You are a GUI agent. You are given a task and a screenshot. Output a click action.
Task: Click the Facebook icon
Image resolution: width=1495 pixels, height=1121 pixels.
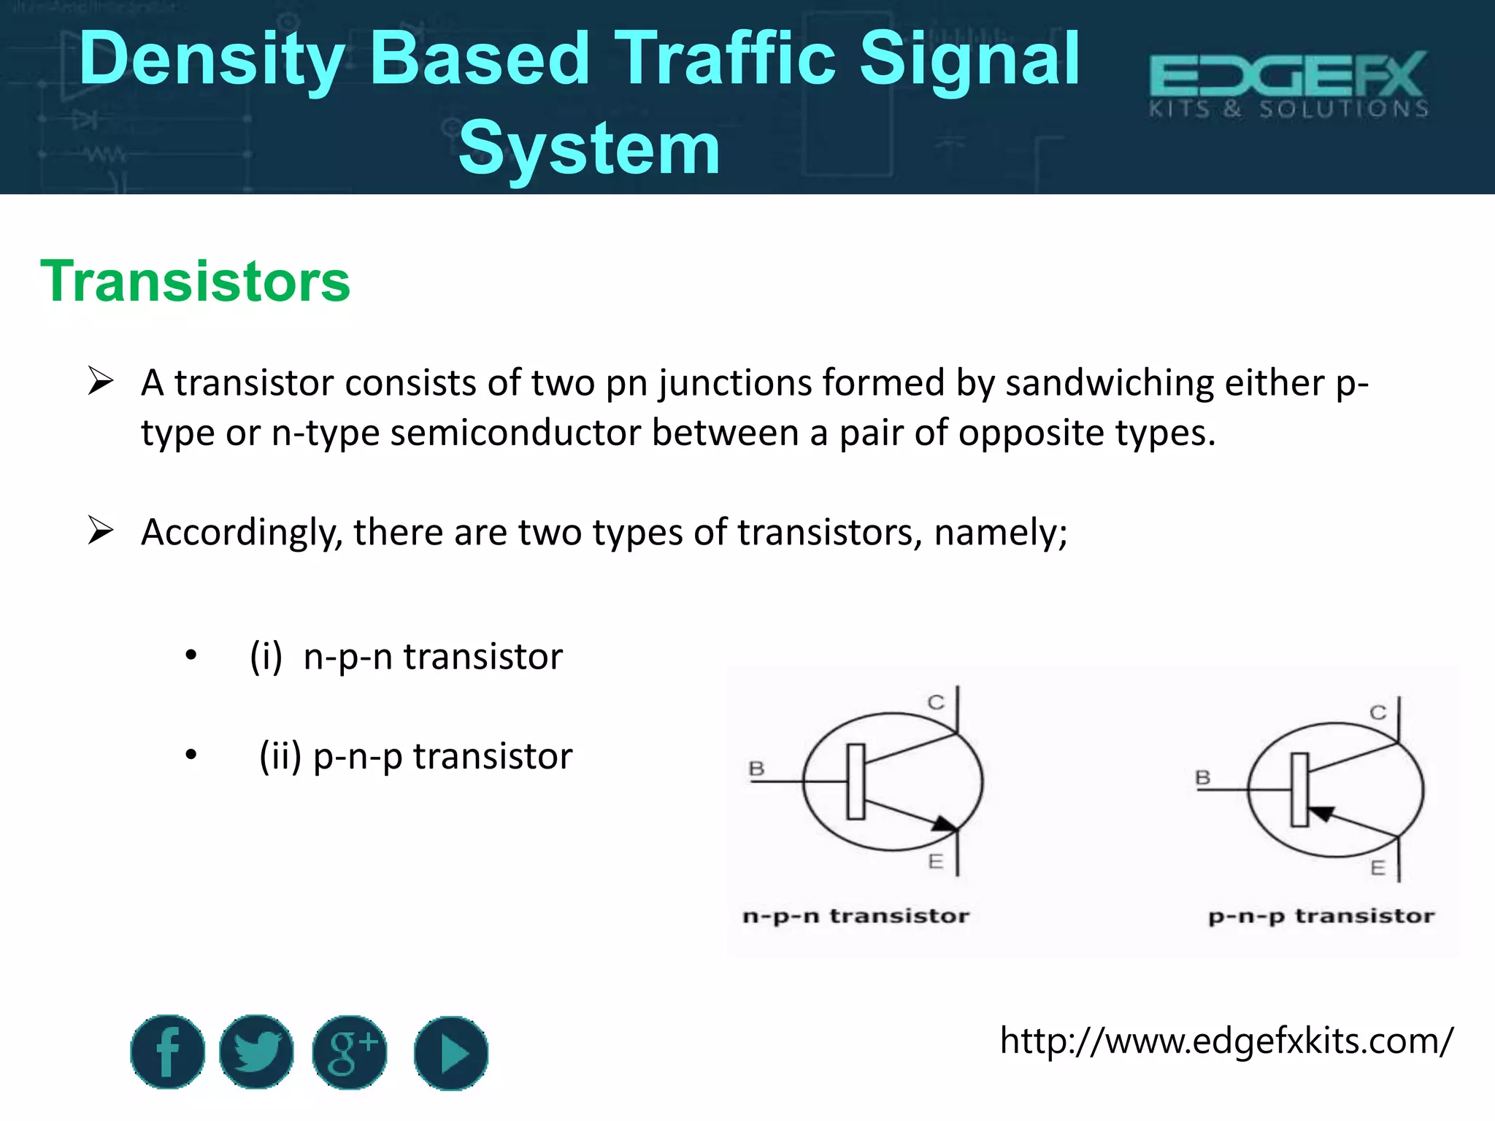point(168,1052)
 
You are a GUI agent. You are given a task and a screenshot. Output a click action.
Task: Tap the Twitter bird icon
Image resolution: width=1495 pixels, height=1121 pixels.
point(256,1052)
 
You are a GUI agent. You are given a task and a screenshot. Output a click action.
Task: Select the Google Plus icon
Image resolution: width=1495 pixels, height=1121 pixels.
point(350,1052)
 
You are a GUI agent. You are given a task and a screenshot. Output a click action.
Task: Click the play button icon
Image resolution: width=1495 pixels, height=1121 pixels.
point(451,1053)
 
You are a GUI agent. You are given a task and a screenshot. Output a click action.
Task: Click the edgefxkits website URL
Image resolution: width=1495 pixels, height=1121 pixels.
point(1226,1041)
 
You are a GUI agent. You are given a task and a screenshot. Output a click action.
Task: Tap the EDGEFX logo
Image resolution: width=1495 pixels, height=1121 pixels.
point(1288,84)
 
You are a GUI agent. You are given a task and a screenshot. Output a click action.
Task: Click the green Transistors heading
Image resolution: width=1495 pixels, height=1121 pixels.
point(195,281)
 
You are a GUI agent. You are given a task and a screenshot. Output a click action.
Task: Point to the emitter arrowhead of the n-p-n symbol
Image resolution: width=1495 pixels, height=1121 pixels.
point(944,824)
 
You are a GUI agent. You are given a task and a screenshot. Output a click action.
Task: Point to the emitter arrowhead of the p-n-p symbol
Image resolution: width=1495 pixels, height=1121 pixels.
point(1322,813)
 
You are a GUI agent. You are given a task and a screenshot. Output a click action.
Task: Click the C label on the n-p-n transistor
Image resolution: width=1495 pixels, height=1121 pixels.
point(936,702)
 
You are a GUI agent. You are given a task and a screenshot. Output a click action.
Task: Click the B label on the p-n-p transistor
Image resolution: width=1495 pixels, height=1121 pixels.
point(1202,777)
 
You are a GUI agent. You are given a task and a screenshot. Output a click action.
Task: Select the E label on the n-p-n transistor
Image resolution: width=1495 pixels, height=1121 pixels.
point(935,862)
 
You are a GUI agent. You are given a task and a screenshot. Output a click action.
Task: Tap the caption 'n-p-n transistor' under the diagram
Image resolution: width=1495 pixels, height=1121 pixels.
point(856,916)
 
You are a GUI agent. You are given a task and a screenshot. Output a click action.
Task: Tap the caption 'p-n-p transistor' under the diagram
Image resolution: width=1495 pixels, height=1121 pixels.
point(1321,916)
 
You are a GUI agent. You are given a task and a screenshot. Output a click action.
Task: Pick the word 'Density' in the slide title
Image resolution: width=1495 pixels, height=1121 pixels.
point(212,60)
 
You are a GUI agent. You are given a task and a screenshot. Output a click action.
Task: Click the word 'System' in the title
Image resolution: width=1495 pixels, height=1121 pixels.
point(589,149)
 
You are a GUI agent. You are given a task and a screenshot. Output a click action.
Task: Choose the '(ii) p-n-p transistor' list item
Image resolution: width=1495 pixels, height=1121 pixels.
point(416,756)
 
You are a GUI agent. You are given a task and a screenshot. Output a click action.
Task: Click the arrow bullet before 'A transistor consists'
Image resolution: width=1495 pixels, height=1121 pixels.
point(100,382)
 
